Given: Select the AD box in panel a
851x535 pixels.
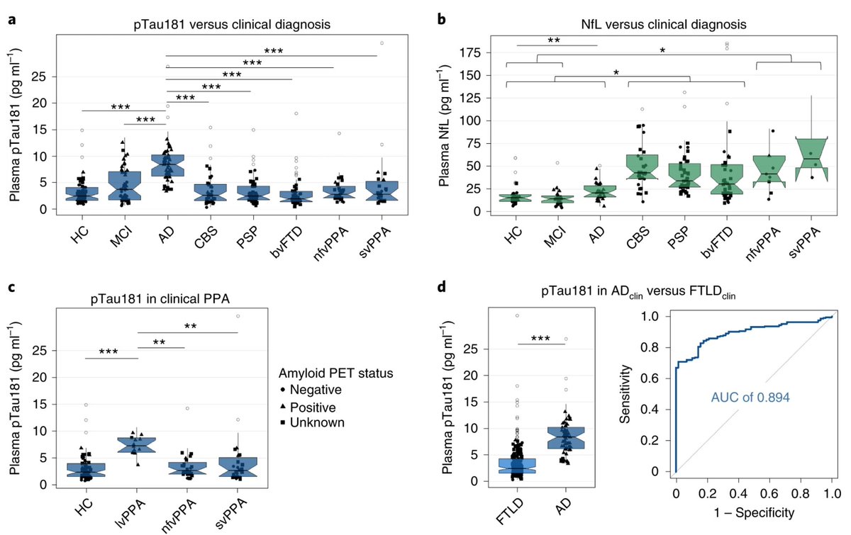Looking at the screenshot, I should (167, 165).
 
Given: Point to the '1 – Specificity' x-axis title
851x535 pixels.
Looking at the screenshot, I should (754, 509).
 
